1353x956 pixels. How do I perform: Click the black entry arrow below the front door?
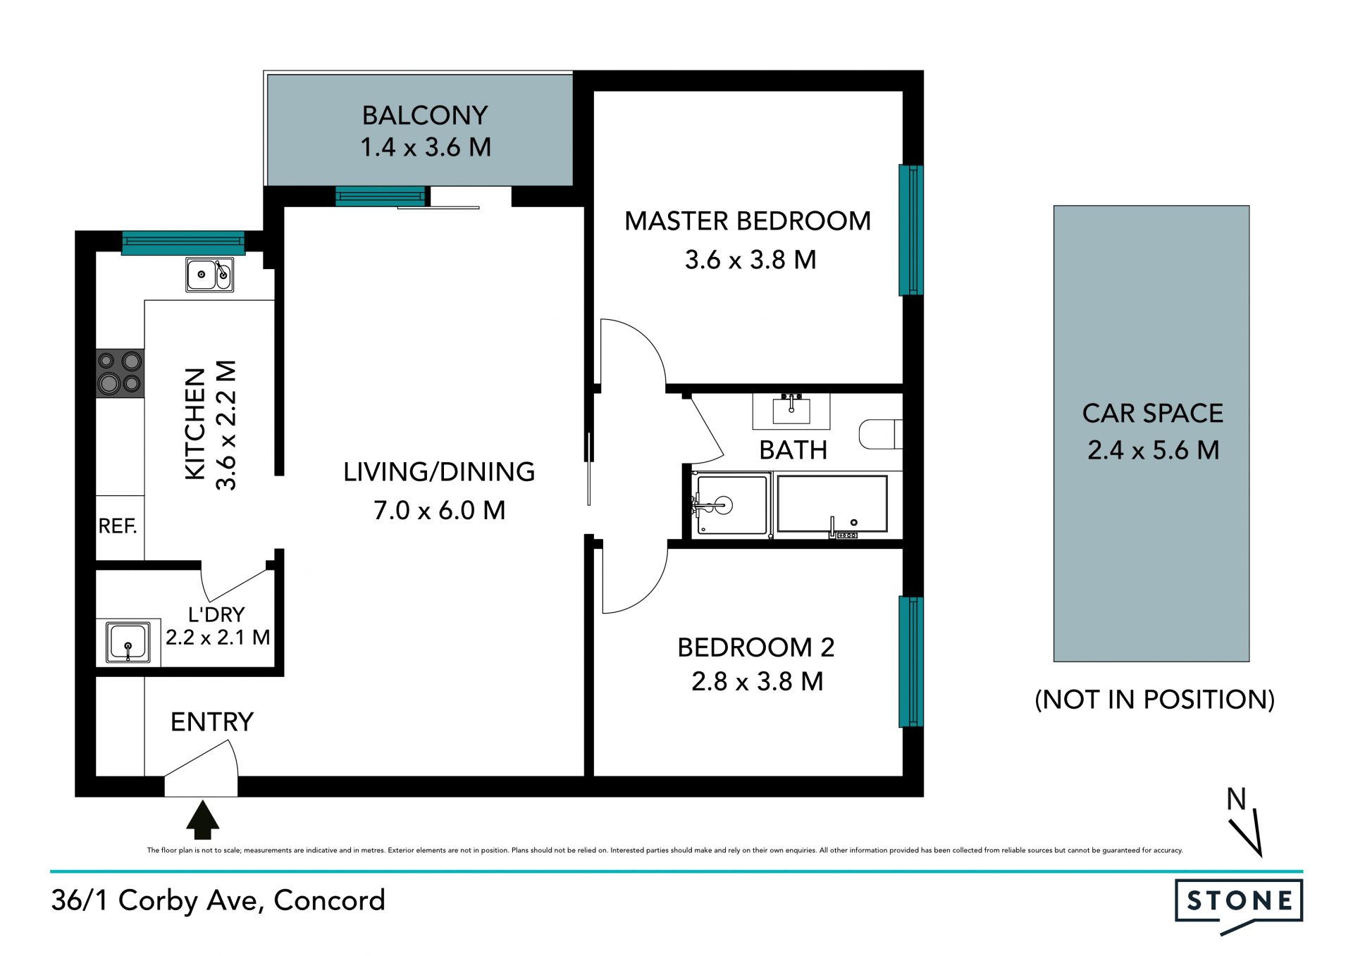tap(202, 819)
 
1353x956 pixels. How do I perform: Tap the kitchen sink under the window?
tap(209, 274)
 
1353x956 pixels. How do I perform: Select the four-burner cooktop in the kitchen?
tap(120, 373)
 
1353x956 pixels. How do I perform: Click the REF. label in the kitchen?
tap(118, 526)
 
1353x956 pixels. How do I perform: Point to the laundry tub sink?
tap(128, 642)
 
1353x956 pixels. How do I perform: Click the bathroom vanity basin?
tap(791, 409)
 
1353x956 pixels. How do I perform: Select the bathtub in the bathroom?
tap(832, 504)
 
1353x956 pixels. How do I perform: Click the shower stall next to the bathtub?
tap(731, 504)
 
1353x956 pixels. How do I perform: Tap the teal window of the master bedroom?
tap(910, 230)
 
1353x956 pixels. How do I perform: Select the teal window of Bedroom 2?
tap(910, 662)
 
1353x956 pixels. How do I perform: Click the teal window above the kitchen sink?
tap(183, 243)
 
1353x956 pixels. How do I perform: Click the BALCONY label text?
tap(425, 115)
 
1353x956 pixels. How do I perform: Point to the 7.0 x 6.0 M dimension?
tap(440, 510)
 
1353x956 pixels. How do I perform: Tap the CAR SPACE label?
tap(1153, 413)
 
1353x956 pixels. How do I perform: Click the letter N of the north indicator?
tap(1236, 799)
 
